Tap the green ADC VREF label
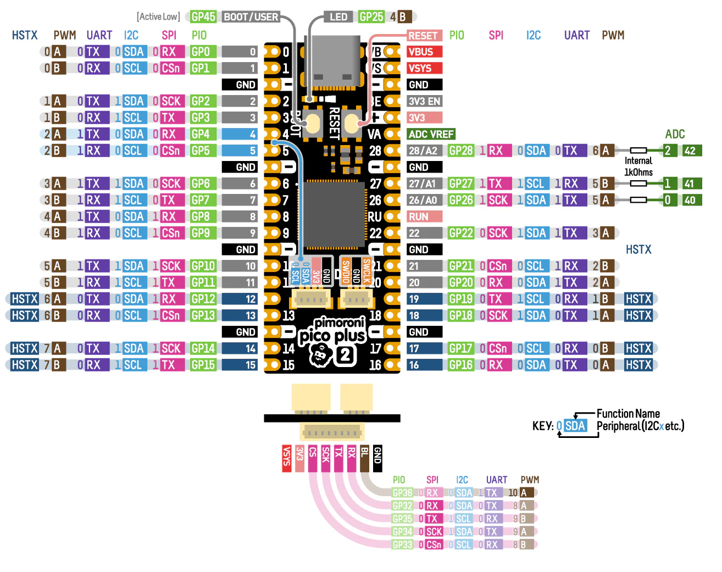(x=431, y=134)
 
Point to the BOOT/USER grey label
(x=251, y=17)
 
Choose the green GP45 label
(x=203, y=17)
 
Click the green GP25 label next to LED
(x=371, y=17)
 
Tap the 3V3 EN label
(x=424, y=101)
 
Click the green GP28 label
(x=460, y=151)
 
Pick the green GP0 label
(x=201, y=52)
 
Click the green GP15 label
(x=203, y=365)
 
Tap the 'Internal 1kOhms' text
(x=638, y=166)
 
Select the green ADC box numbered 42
(x=690, y=151)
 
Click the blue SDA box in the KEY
(x=575, y=426)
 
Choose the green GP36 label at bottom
(x=403, y=493)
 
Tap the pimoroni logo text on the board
(x=340, y=323)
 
